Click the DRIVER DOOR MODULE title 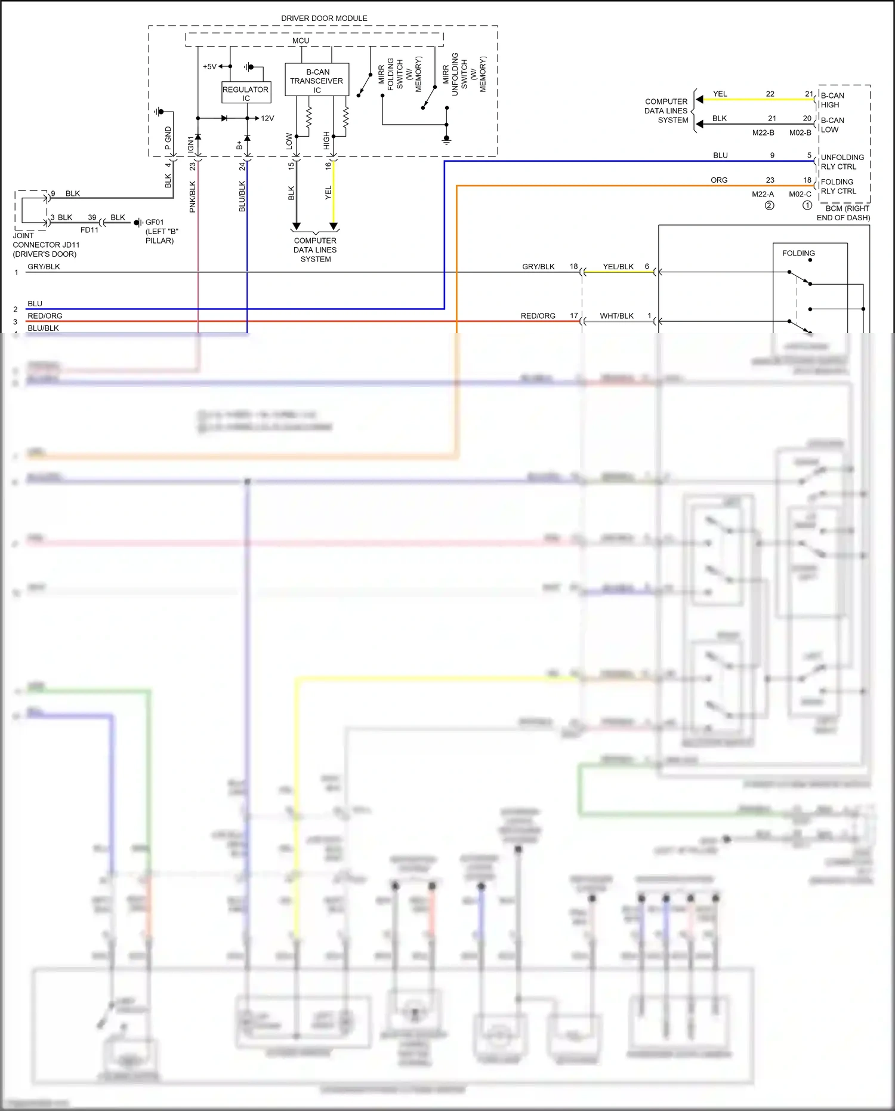pos(324,19)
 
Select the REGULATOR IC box pos(246,93)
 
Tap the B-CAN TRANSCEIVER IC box pos(317,80)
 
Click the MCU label pos(301,41)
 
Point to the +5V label pos(209,67)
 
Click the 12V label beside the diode pos(267,118)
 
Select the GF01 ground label pos(155,222)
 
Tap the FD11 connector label pos(89,230)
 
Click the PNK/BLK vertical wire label pos(192,196)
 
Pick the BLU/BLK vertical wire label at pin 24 pos(242,196)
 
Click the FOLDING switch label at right pos(798,253)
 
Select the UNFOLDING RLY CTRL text pos(842,162)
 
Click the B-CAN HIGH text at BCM pos(832,100)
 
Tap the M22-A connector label pos(763,194)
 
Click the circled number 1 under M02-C pos(807,205)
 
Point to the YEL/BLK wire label pos(618,267)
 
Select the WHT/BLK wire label pos(616,316)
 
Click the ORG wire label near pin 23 pos(719,180)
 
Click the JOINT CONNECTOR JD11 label pos(46,245)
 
